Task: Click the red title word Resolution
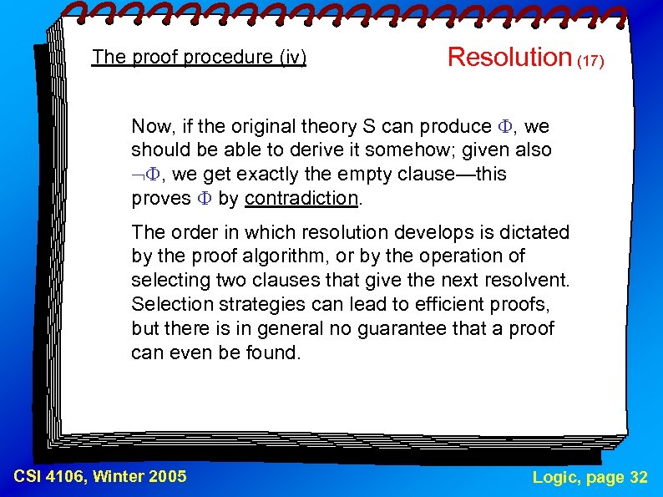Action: click(x=509, y=57)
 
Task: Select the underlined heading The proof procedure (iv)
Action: click(x=200, y=57)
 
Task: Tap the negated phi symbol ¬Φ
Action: click(x=145, y=175)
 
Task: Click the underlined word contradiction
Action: click(x=301, y=199)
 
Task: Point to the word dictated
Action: click(x=534, y=232)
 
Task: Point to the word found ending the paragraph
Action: click(x=275, y=352)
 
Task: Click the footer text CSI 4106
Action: click(x=50, y=477)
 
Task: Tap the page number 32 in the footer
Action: click(x=638, y=477)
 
